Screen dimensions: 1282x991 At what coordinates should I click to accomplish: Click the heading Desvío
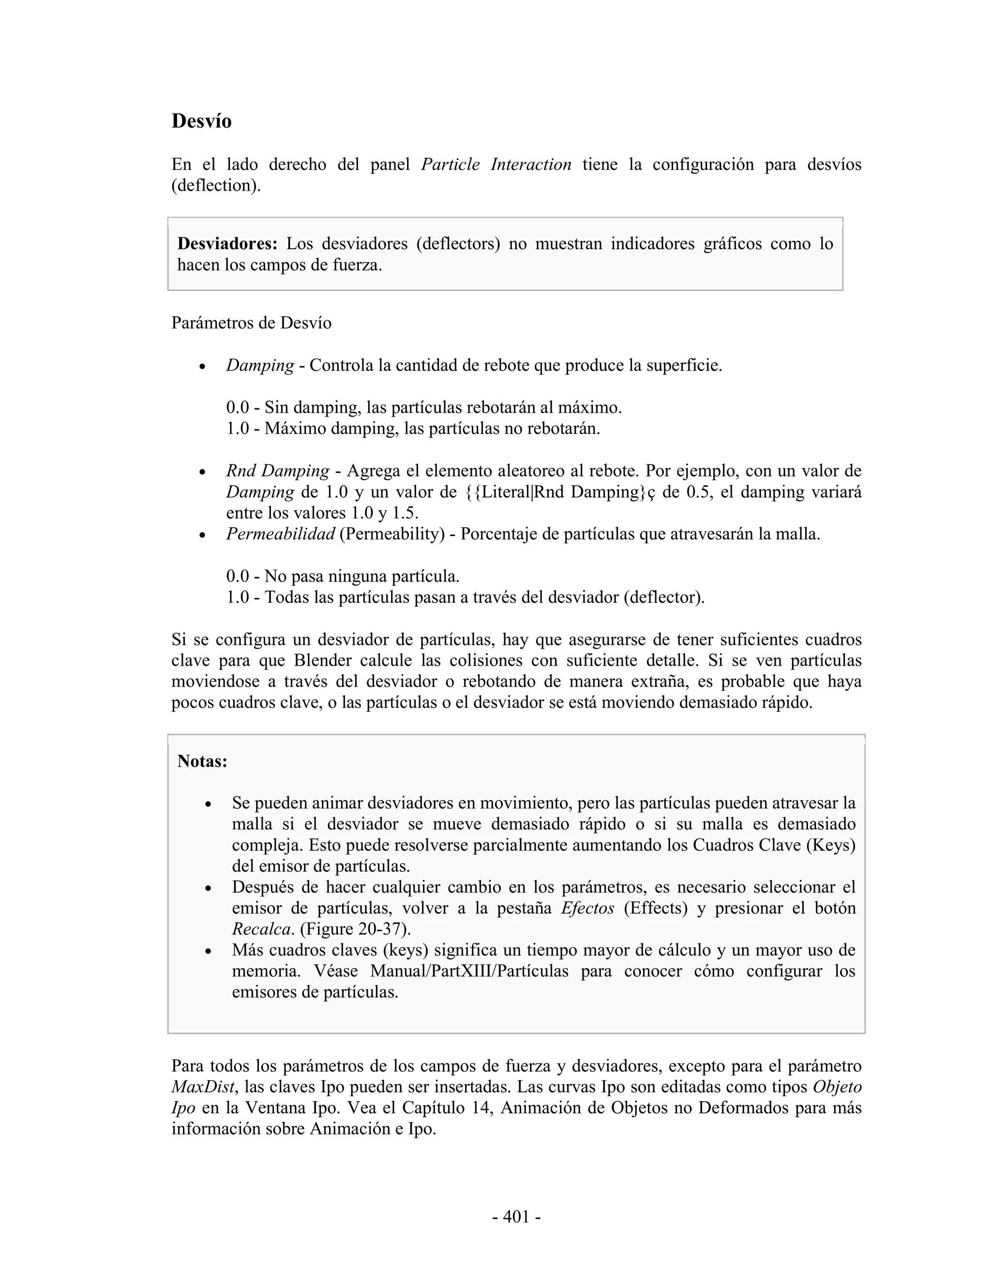pos(201,121)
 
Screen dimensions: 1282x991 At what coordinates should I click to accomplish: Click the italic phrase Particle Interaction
pos(496,164)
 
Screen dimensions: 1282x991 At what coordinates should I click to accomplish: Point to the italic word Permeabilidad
pos(280,534)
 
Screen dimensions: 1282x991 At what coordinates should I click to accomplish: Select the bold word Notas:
pos(202,761)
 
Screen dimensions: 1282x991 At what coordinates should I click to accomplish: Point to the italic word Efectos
pos(587,908)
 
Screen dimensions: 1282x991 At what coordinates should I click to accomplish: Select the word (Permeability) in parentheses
pos(391,534)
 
